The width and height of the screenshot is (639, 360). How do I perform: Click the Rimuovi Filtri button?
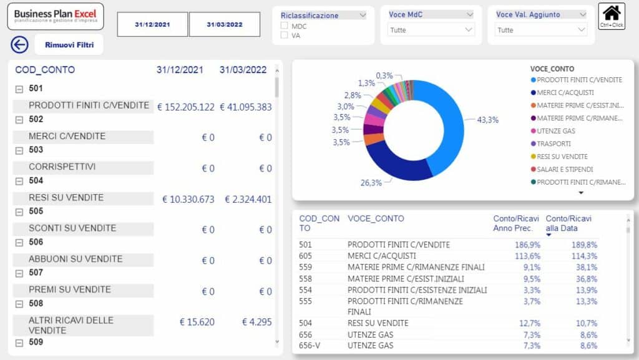(69, 45)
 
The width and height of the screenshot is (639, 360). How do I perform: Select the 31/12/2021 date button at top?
(152, 25)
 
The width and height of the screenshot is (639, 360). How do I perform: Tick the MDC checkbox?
(285, 26)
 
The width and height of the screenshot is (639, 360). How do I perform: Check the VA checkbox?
(285, 36)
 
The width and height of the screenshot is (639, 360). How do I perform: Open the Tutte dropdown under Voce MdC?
(431, 29)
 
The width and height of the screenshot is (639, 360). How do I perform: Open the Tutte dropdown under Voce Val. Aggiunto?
(540, 29)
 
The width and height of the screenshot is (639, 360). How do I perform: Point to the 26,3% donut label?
(371, 183)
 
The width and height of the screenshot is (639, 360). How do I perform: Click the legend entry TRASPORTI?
(554, 144)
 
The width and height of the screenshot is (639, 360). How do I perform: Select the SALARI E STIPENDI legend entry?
(565, 169)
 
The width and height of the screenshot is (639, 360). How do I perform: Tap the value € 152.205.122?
(185, 107)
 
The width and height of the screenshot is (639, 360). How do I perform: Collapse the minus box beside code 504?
(19, 181)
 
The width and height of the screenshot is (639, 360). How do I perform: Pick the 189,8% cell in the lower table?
(584, 245)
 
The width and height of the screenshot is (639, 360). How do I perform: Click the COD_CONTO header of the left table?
(45, 70)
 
